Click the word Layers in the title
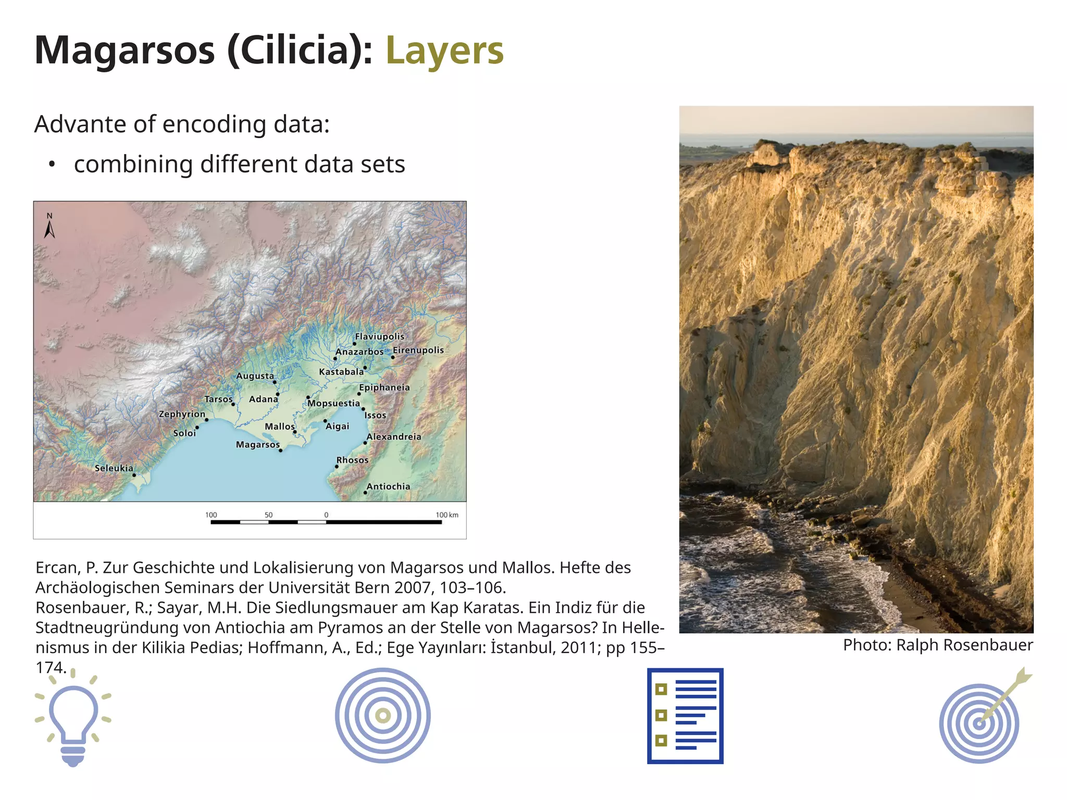(444, 51)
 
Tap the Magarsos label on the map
(257, 444)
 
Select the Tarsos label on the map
(218, 399)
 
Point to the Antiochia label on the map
(388, 486)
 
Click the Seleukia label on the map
(114, 468)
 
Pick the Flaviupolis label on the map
(379, 336)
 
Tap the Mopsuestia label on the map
(334, 403)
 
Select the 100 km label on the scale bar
(446, 515)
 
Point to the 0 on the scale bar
(326, 515)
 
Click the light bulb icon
(73, 719)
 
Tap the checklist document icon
(685, 716)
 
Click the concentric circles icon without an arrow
(383, 716)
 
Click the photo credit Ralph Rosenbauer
(938, 645)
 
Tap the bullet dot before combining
(51, 165)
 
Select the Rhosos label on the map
(352, 460)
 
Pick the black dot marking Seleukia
(134, 475)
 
